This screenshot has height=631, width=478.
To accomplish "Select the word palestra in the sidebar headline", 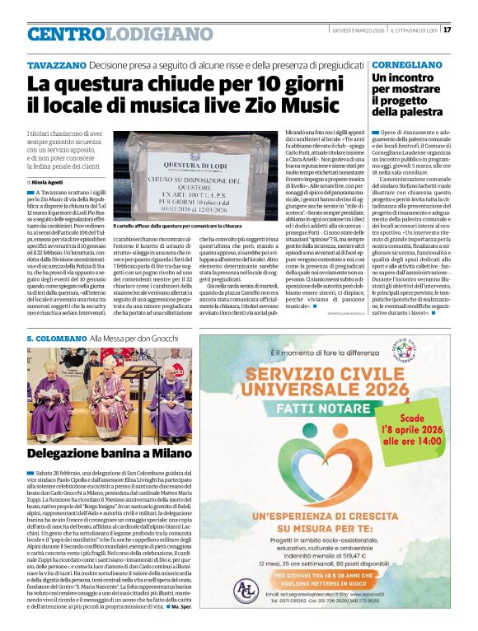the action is (x=410, y=111).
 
